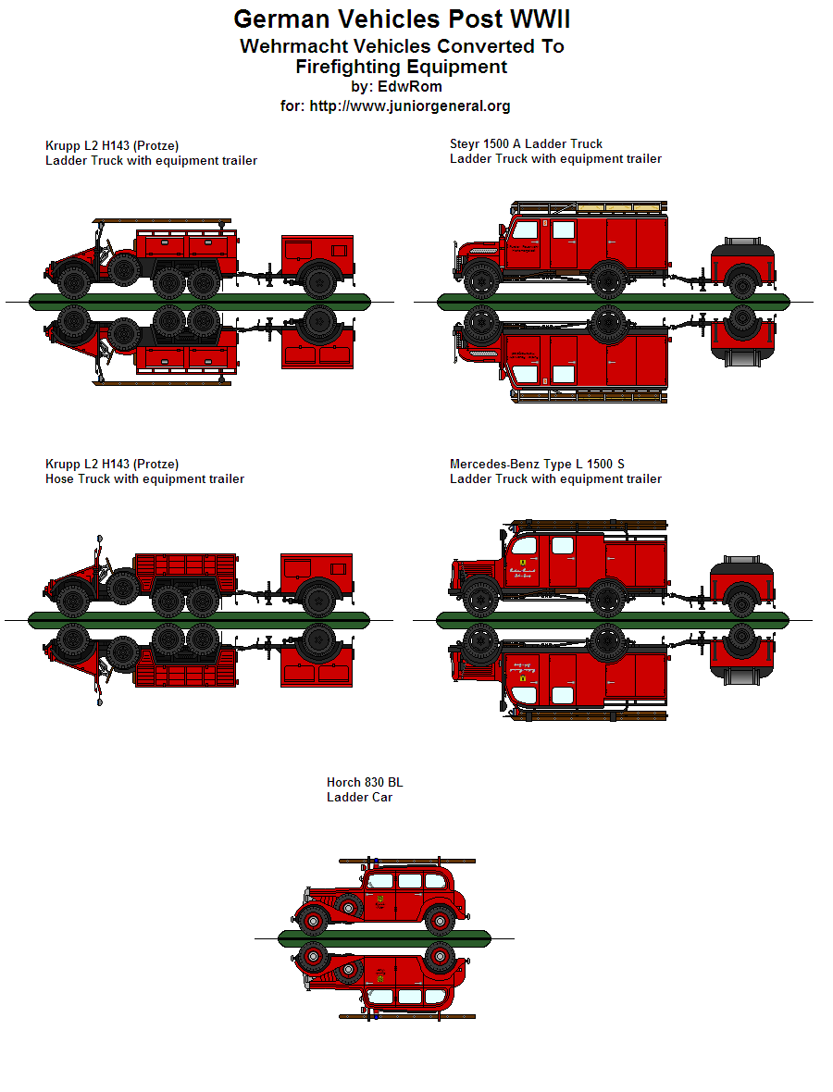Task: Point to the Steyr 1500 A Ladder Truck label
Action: point(526,143)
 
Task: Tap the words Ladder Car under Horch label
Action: point(359,797)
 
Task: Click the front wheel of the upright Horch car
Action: point(314,921)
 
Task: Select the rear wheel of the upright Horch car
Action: point(439,921)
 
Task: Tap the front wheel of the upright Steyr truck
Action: point(480,279)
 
